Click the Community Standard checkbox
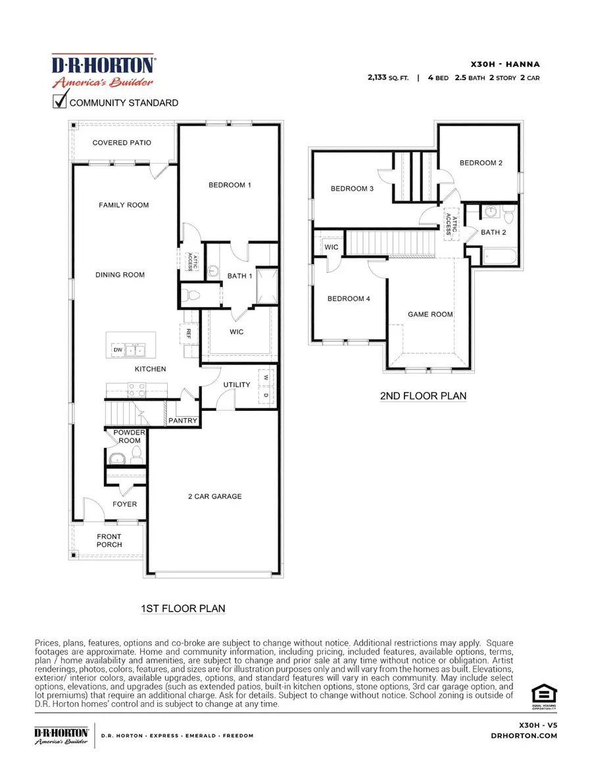point(60,102)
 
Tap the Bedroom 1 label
point(230,185)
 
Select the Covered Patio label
point(122,143)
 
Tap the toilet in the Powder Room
point(136,453)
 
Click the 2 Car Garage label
point(214,496)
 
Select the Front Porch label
point(109,540)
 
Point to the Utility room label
point(236,385)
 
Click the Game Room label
point(430,314)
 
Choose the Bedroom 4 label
point(349,299)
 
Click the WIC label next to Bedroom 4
point(332,247)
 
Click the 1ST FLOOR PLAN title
point(183,608)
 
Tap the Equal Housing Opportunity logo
point(544,695)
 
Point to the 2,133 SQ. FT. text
point(387,78)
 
